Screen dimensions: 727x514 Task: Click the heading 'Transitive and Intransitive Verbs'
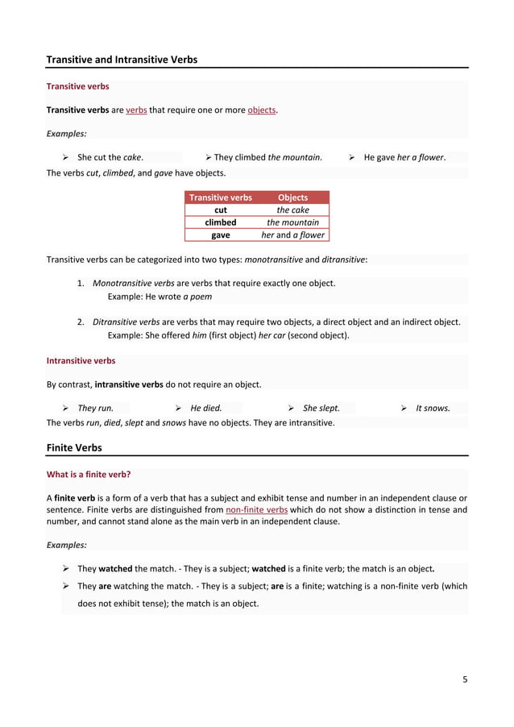pos(122,60)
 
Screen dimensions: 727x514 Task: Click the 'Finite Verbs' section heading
pos(74,447)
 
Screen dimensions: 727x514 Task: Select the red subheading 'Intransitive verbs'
pos(81,361)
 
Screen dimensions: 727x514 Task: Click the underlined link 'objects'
pos(262,110)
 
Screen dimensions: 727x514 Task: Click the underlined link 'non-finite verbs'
pos(257,509)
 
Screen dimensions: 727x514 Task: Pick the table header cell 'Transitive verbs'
pos(220,197)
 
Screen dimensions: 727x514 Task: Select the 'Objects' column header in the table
pos(292,197)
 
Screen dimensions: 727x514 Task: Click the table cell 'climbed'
pos(220,222)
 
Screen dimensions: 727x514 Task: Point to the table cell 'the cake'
pos(292,210)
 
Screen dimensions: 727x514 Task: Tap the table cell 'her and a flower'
pos(292,235)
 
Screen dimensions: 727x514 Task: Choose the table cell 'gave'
pos(220,235)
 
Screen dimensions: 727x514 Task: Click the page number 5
pos(465,679)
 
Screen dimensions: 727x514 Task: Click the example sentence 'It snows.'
pos(433,408)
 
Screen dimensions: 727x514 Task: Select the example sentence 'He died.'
pos(206,408)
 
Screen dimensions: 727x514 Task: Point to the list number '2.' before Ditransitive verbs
pos(81,322)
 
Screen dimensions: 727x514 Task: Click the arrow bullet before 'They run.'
pos(66,408)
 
